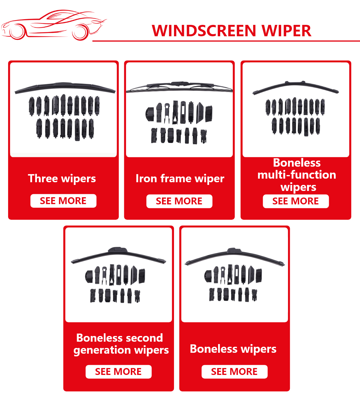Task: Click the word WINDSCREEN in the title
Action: coord(204,31)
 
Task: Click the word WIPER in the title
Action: coord(286,31)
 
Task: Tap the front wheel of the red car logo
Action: coord(80,32)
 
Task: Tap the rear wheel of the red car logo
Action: coord(17,31)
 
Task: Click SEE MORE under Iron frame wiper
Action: coord(179,201)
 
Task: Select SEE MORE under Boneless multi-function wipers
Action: coord(295,201)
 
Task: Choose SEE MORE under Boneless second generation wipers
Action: coord(118,372)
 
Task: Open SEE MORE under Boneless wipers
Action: coord(234,372)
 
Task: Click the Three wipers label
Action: coord(62,179)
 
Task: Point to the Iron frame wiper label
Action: coord(180,179)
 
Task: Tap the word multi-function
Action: coord(296,175)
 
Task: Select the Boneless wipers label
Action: coord(233,349)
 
